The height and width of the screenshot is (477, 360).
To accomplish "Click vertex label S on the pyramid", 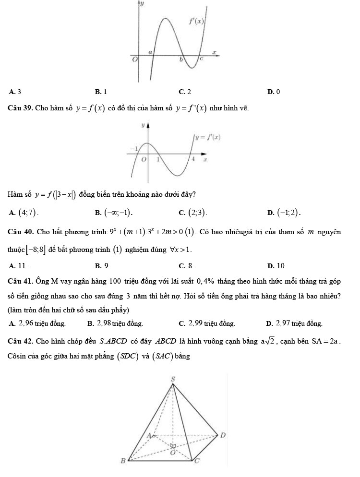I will pos(173,380).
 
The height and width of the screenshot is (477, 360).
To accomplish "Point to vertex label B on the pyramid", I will pos(123,461).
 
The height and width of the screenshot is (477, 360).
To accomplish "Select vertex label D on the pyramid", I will pos(222,435).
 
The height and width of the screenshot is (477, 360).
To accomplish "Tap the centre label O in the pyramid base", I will pos(173,452).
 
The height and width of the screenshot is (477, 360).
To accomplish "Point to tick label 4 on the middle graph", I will pos(192,159).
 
